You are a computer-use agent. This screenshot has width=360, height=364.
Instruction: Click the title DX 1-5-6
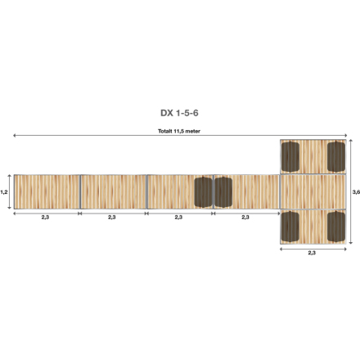180,114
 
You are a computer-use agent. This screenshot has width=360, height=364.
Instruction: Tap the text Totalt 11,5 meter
180,131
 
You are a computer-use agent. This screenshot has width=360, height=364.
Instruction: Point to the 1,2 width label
5,191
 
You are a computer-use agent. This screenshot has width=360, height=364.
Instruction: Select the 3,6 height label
355,191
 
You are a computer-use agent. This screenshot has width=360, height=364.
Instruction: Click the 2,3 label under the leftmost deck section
46,218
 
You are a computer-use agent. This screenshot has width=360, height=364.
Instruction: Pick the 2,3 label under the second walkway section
112,218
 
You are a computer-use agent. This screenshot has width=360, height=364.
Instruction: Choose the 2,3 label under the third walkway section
178,218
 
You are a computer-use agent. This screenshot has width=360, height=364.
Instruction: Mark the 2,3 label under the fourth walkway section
245,218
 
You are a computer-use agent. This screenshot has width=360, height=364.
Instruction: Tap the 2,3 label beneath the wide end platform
312,254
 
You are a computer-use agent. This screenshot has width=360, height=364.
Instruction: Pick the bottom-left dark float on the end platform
290,227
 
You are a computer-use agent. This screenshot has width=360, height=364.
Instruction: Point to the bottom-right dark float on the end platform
335,227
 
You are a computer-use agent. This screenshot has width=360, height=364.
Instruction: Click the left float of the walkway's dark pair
203,191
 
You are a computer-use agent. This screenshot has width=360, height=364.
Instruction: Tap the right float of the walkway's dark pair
223,191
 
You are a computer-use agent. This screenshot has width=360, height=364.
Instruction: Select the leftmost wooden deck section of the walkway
47,191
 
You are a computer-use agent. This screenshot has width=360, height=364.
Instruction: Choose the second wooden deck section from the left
113,191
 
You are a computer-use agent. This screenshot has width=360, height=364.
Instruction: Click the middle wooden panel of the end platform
313,191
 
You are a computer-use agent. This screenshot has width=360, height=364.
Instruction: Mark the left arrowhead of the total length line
14,137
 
